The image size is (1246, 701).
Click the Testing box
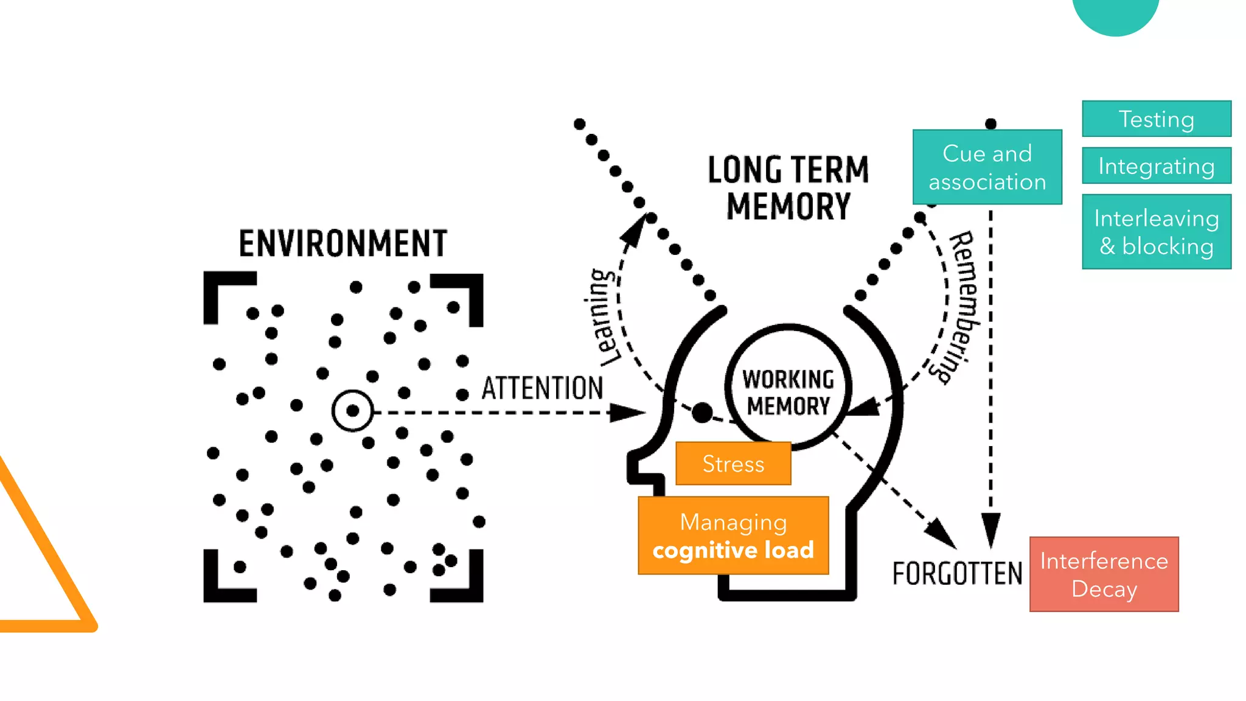pyautogui.click(x=1156, y=119)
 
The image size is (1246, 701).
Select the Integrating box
pyautogui.click(x=1156, y=166)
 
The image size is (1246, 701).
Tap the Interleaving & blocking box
pyautogui.click(x=1156, y=232)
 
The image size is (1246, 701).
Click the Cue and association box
pyautogui.click(x=987, y=167)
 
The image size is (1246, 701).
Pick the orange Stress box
pyautogui.click(x=733, y=464)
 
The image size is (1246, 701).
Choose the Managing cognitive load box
pyautogui.click(x=733, y=535)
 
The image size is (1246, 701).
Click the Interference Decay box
pyautogui.click(x=1104, y=574)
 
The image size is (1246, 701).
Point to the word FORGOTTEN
pyautogui.click(x=957, y=574)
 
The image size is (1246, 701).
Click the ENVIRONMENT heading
pyautogui.click(x=343, y=243)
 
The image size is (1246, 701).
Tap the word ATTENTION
pyautogui.click(x=542, y=388)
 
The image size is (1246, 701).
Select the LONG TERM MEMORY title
pyautogui.click(x=788, y=187)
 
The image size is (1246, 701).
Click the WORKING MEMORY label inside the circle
pyautogui.click(x=788, y=392)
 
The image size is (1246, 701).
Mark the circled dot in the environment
pyautogui.click(x=352, y=411)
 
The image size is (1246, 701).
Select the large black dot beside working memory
pyautogui.click(x=702, y=413)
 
